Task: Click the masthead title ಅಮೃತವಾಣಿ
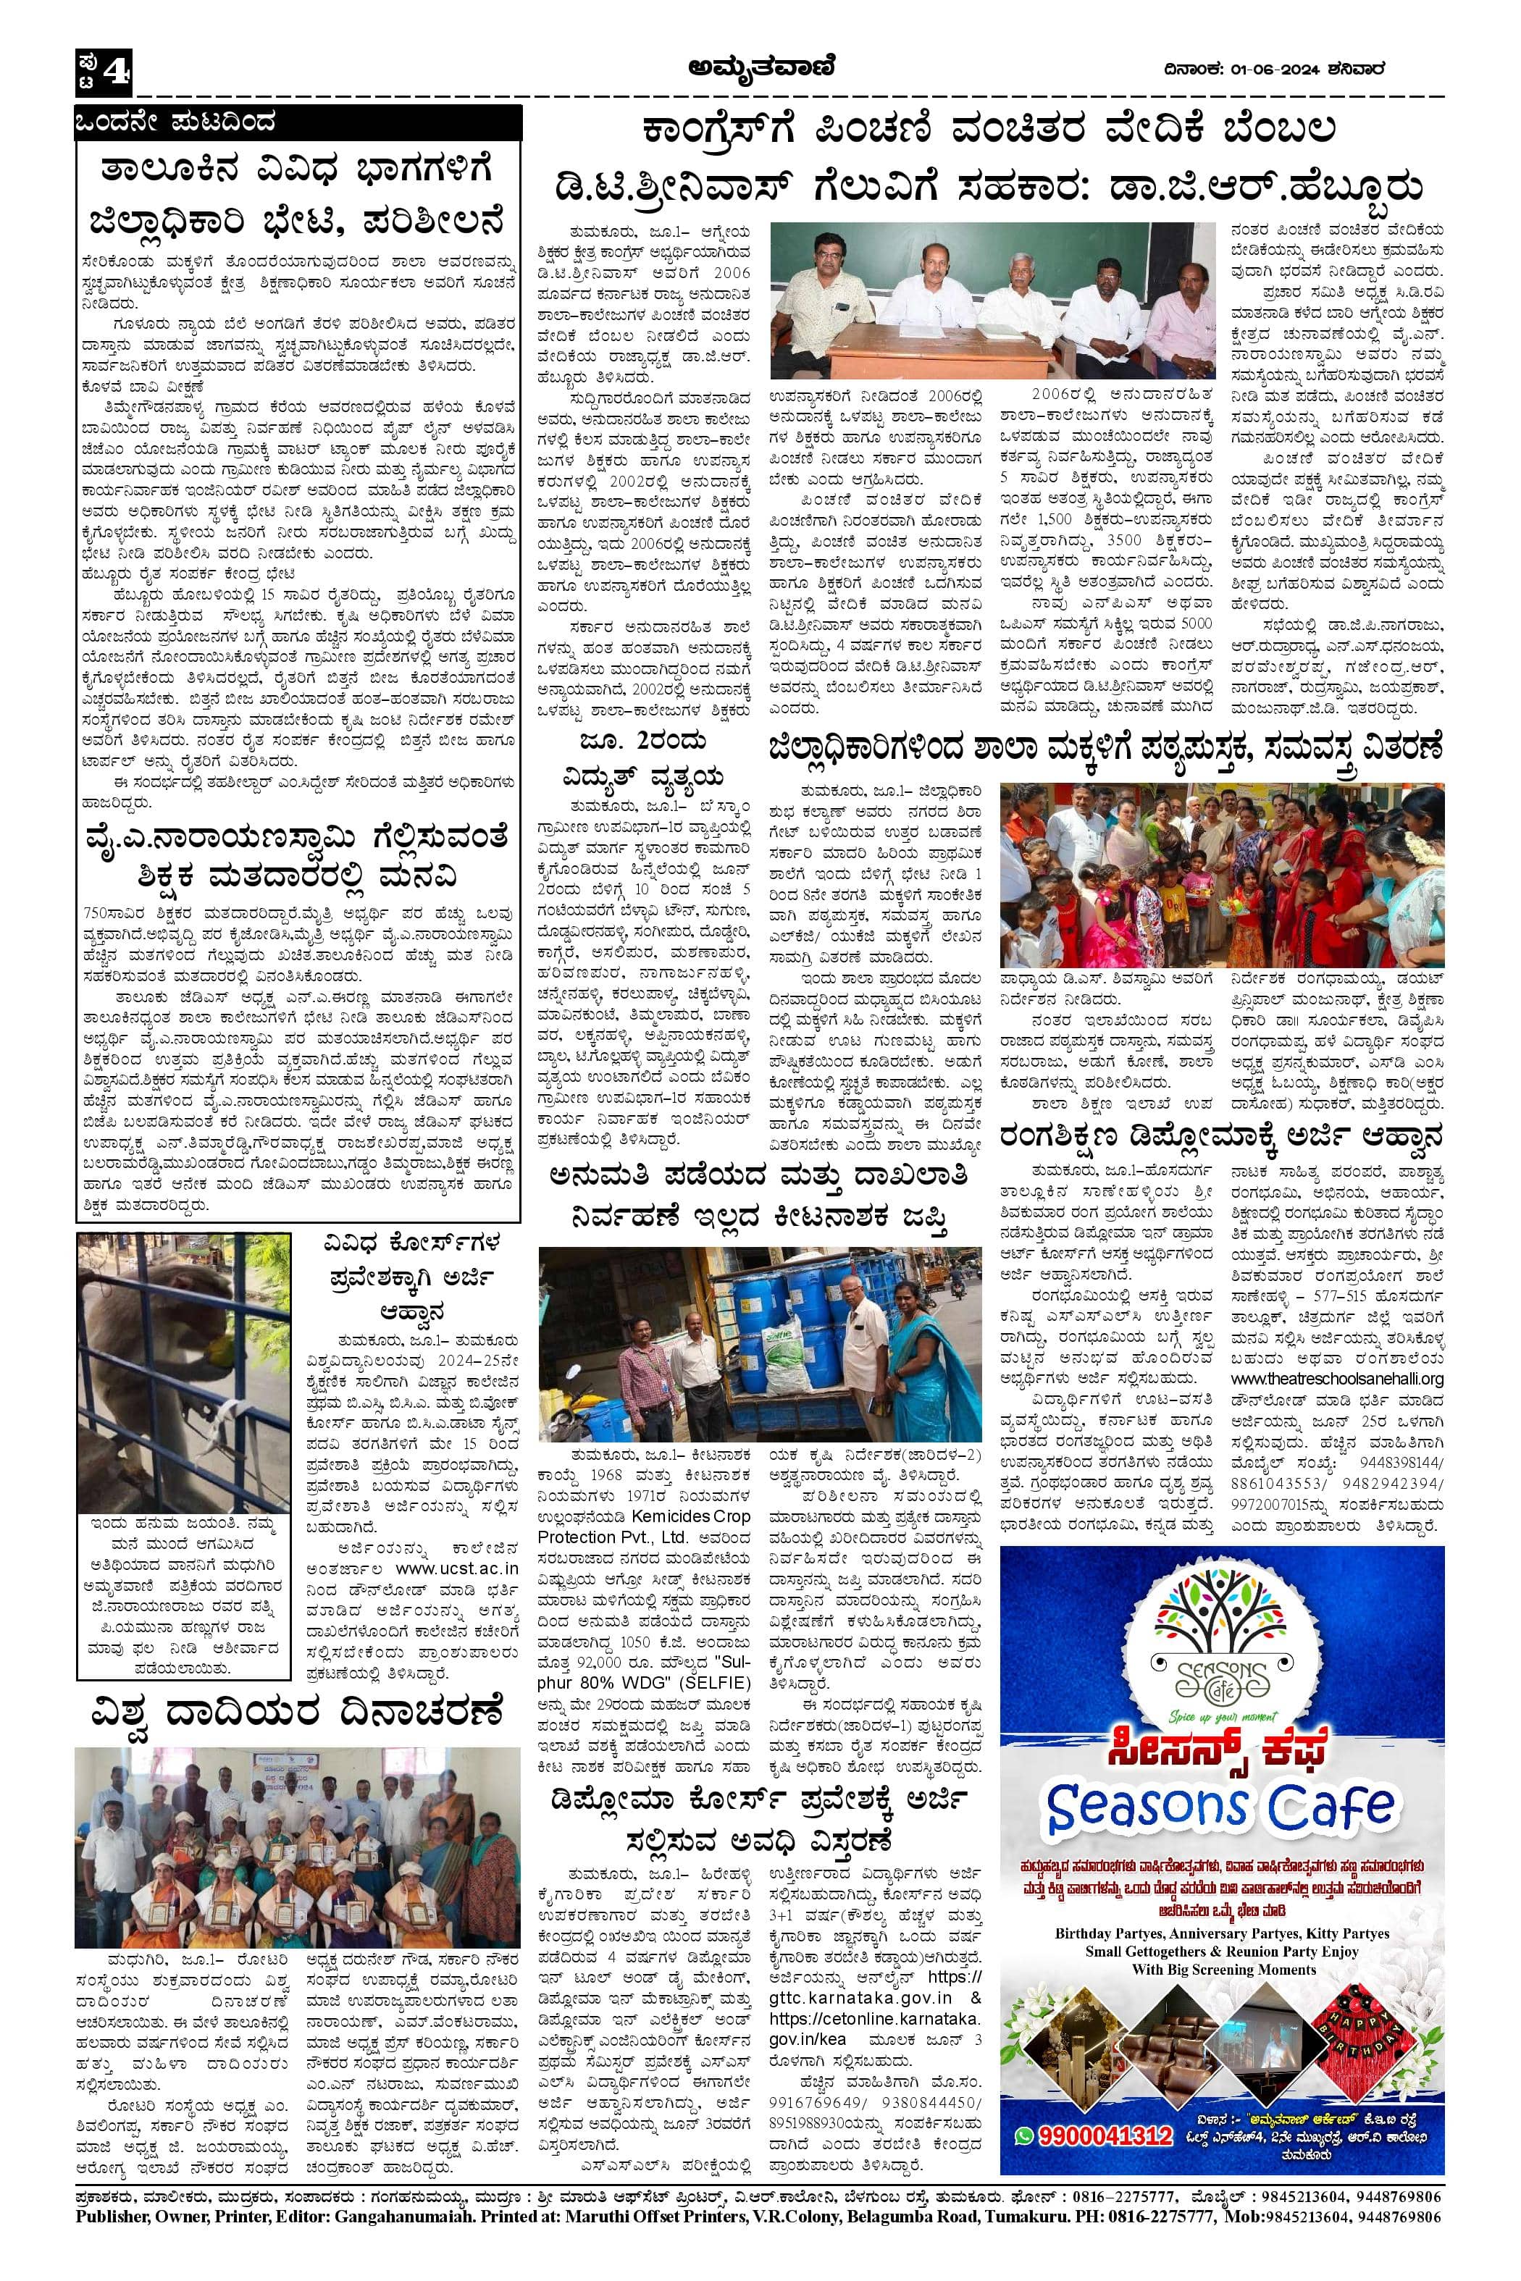point(760,68)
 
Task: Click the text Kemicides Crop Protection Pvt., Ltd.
point(644,1526)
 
